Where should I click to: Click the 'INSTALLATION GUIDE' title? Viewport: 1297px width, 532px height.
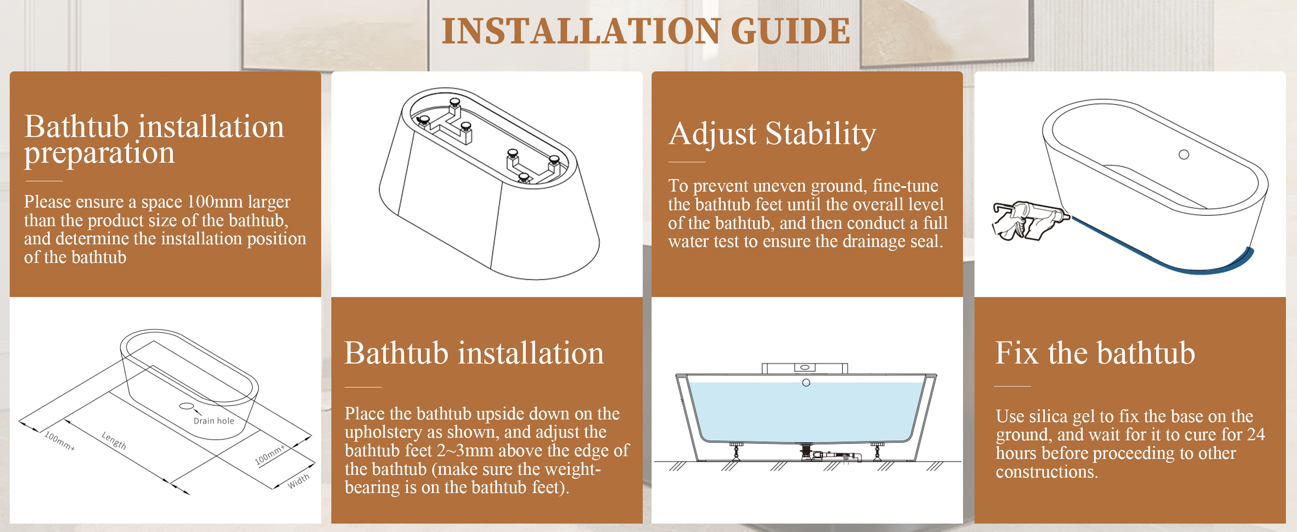(x=646, y=31)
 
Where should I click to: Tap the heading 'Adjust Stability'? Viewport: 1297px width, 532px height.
(x=773, y=134)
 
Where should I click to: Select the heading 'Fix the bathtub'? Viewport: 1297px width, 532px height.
(x=1095, y=352)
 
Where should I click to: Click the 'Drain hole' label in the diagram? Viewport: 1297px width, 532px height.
(x=214, y=421)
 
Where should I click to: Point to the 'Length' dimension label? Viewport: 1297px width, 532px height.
(x=114, y=441)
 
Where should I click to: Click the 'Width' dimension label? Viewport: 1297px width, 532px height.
(x=299, y=481)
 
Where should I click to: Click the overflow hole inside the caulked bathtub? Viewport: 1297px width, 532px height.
(x=1184, y=155)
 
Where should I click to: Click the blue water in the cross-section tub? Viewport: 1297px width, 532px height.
(x=806, y=413)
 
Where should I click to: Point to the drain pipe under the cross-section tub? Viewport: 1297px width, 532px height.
(x=831, y=455)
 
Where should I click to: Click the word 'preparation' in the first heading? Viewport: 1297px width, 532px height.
(x=100, y=153)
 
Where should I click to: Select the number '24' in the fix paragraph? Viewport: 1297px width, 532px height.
(x=1256, y=434)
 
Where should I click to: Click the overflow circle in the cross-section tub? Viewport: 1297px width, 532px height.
(x=806, y=383)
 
